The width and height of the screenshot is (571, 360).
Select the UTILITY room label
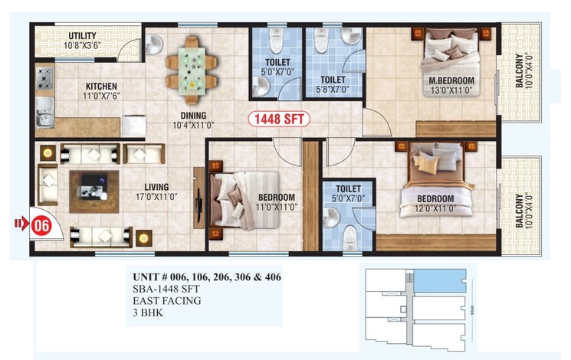coord(82,36)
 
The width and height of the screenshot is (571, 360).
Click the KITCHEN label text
coord(102,86)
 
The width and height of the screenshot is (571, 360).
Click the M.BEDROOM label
coord(451,80)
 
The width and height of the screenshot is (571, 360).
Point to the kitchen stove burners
coord(44,78)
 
